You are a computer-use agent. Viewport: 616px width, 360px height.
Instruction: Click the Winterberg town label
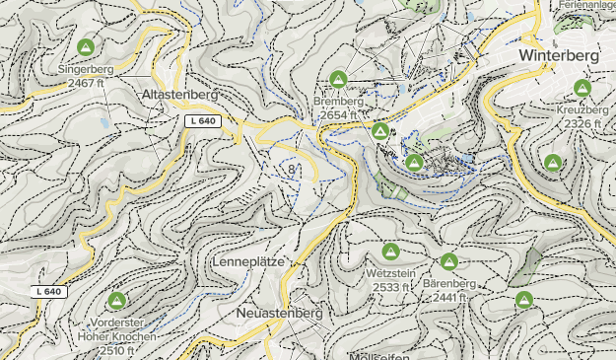tap(558, 56)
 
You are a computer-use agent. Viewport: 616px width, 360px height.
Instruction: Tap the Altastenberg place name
tap(179, 95)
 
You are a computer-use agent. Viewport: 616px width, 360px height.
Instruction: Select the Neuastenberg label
tap(280, 313)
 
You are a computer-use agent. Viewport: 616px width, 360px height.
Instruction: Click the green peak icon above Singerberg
tap(86, 46)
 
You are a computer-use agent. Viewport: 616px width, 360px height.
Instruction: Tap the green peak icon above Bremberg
tap(339, 78)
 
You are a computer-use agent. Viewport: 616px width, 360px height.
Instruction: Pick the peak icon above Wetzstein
tap(390, 252)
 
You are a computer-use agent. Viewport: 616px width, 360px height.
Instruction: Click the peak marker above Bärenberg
tap(449, 261)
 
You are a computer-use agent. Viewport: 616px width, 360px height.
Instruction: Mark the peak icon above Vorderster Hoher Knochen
tap(116, 300)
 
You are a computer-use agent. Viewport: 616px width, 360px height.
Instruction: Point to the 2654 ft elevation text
tap(338, 115)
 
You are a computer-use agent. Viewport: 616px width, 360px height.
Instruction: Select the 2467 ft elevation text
tap(87, 84)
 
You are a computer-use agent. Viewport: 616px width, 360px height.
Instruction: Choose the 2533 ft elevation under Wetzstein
tap(390, 287)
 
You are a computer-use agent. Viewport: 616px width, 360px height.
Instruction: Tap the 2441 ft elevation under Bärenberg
tap(449, 297)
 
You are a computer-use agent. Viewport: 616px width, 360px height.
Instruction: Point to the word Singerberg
tap(87, 70)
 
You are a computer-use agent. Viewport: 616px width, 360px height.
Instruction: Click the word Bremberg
tap(339, 102)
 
